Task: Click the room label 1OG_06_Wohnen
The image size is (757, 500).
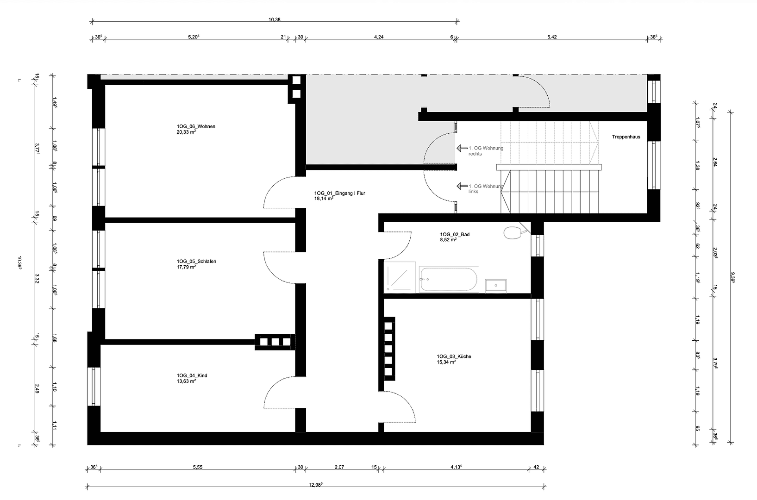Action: [x=195, y=126]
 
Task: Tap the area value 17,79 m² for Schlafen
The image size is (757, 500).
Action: [x=186, y=267]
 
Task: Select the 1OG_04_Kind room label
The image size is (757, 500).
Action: [x=192, y=375]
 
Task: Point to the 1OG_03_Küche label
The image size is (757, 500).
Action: [x=454, y=356]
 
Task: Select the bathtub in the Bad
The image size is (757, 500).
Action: [x=448, y=279]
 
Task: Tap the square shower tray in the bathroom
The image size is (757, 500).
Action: [x=399, y=277]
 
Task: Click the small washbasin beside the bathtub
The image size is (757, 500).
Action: [x=495, y=286]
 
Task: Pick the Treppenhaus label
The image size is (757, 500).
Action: [x=626, y=137]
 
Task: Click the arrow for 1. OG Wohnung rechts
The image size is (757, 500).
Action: [x=462, y=148]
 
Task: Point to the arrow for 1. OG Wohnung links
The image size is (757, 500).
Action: [x=462, y=186]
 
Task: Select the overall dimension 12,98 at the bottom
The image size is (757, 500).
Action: [x=315, y=485]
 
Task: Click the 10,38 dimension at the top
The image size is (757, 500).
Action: [x=274, y=19]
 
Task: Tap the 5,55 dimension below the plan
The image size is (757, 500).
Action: [x=198, y=467]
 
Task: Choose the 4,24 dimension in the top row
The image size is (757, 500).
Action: [x=378, y=37]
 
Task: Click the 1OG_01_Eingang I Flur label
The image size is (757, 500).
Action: [x=339, y=193]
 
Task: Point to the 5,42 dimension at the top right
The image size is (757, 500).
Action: [x=551, y=37]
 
